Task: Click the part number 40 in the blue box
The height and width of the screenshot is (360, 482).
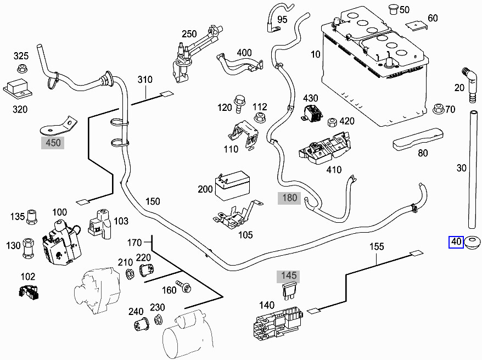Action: coord(456,241)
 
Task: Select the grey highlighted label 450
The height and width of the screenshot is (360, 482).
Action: coord(54,143)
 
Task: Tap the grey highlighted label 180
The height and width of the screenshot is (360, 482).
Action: coord(289,198)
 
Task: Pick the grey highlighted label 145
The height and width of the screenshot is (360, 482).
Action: coord(289,275)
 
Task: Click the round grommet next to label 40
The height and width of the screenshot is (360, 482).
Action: coord(473,241)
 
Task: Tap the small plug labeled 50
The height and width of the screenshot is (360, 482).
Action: coord(392,9)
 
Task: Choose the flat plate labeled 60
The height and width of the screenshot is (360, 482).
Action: coord(416,25)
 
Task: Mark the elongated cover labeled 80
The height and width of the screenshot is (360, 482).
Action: coord(418,138)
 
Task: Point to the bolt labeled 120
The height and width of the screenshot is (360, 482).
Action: coord(239,102)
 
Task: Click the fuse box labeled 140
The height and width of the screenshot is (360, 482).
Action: coord(277,326)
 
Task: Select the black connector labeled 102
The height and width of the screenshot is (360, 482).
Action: coord(29,292)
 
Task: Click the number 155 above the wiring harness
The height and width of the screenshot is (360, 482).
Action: coord(376,247)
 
